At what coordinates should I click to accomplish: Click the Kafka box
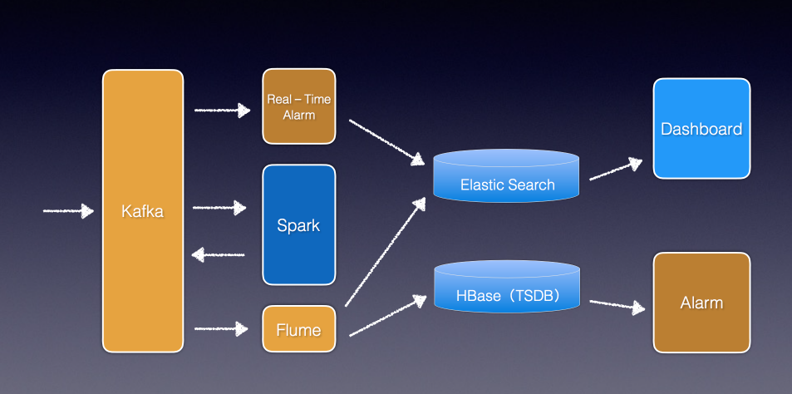143,210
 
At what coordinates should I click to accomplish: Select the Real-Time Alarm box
299,106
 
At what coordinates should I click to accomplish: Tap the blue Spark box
299,224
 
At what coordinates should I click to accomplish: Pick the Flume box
299,329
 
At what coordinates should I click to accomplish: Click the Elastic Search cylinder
506,175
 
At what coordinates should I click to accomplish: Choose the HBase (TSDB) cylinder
507,287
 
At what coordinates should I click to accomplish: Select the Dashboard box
701,128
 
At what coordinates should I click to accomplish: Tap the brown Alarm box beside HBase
701,302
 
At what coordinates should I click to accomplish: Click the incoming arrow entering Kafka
69,210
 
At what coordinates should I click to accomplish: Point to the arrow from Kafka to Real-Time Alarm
222,110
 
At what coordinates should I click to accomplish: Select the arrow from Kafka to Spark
219,208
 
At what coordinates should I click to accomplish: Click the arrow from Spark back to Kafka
218,254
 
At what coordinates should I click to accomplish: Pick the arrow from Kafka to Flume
221,329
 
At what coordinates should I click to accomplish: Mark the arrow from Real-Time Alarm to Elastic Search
386,142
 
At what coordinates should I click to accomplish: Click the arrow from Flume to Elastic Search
386,252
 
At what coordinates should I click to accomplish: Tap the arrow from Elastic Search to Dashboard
616,170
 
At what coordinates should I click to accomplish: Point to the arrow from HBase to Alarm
617,305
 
